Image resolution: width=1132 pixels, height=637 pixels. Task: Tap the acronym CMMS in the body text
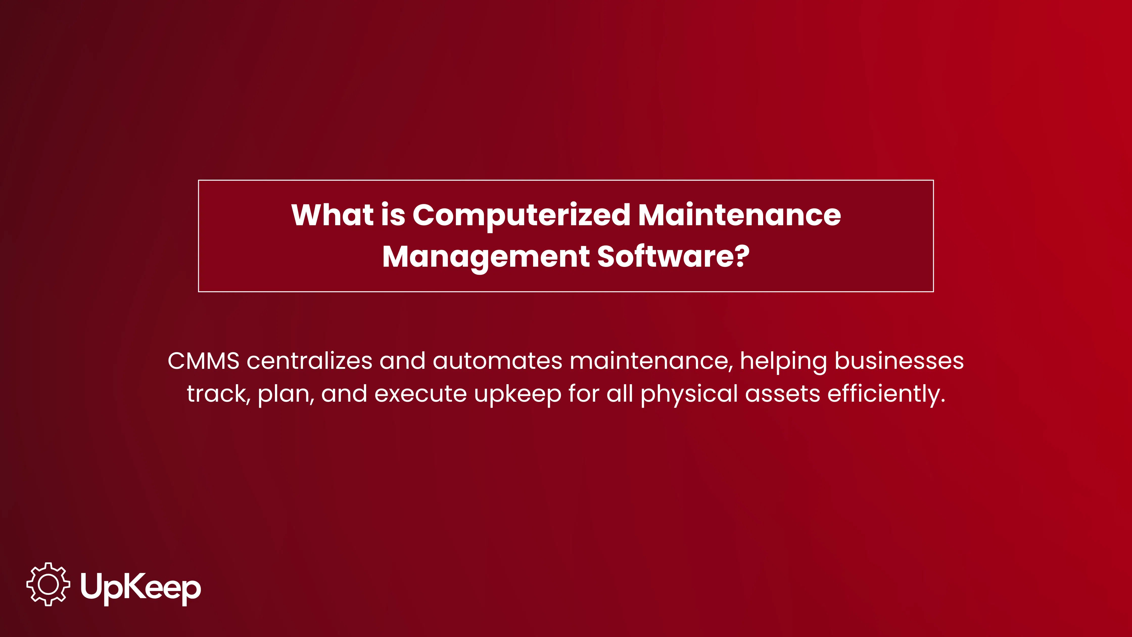[x=203, y=361]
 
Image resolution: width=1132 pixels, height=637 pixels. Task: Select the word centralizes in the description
[x=309, y=361]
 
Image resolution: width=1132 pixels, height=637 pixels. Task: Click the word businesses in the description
[x=899, y=361]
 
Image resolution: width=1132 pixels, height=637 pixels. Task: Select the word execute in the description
[x=420, y=394]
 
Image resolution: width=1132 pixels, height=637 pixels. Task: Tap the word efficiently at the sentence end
[x=886, y=394]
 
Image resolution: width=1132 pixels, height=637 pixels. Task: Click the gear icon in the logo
[x=48, y=584]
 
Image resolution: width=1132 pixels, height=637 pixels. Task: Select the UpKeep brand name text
[x=141, y=587]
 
